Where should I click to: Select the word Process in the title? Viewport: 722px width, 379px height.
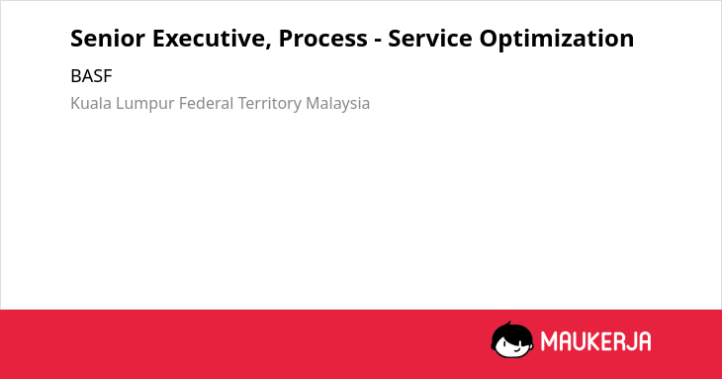(x=322, y=39)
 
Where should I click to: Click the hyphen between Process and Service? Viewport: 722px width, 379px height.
(x=377, y=41)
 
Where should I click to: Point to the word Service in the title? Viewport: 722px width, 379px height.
(x=429, y=39)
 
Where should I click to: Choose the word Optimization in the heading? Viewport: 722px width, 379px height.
(x=557, y=39)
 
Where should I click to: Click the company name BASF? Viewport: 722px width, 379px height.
(x=91, y=76)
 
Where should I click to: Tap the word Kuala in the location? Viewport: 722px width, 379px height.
(x=91, y=103)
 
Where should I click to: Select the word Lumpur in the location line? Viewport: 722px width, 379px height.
(x=145, y=104)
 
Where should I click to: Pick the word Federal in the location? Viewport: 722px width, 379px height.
(x=207, y=103)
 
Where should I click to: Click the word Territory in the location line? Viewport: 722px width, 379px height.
(x=270, y=104)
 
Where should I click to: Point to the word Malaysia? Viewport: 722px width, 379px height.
(x=338, y=104)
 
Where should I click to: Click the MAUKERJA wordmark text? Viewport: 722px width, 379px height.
(x=595, y=341)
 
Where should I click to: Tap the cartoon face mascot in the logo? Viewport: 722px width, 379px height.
(x=512, y=339)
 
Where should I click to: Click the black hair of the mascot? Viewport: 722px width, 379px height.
(x=511, y=331)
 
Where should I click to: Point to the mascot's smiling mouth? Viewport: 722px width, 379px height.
(x=515, y=349)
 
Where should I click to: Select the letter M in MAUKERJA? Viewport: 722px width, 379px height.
(x=548, y=341)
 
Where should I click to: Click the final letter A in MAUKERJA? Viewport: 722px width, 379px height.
(x=645, y=341)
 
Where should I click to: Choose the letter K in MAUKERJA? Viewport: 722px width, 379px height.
(x=593, y=341)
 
